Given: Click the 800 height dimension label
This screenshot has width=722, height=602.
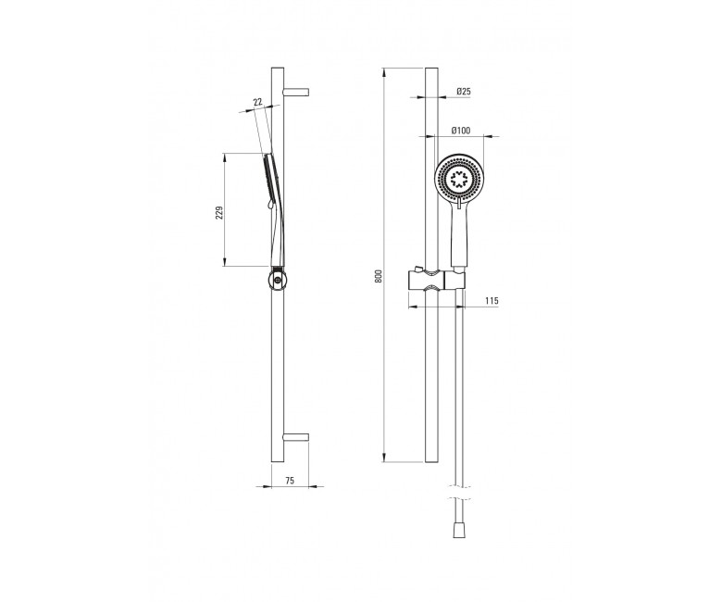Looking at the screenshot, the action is click(x=379, y=276).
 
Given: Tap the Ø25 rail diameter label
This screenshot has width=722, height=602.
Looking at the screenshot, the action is click(x=464, y=91).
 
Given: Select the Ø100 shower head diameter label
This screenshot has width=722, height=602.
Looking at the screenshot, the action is click(x=461, y=131).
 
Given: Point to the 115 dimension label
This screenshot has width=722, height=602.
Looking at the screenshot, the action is click(x=492, y=301).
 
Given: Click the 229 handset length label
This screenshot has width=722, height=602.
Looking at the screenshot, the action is click(x=219, y=212).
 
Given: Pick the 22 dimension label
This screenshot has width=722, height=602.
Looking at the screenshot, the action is click(x=257, y=102).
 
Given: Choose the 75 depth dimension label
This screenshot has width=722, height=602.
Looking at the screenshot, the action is click(x=290, y=481).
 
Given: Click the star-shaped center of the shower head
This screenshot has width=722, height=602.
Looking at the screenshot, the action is click(x=458, y=178).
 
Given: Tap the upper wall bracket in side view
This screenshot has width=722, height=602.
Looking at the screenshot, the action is click(x=296, y=91).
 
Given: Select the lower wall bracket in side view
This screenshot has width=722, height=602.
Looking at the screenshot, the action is click(x=296, y=437).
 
